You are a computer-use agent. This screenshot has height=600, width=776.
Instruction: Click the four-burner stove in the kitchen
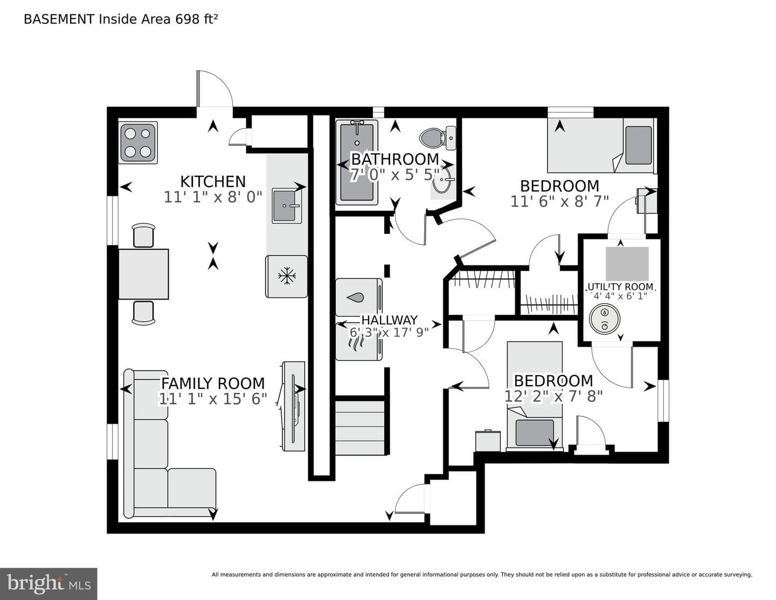(138, 142)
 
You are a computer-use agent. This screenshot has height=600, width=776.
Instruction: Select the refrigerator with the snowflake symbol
(286, 276)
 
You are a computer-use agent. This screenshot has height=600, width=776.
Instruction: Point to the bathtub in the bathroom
(357, 162)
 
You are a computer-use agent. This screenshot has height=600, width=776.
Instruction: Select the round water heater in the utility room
(605, 318)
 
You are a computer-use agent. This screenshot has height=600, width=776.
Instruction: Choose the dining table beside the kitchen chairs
(143, 274)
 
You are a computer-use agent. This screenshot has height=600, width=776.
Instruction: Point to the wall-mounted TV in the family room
(294, 406)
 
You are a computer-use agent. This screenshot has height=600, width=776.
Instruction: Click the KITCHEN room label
(213, 182)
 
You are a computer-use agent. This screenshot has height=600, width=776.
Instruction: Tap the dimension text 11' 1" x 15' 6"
(213, 399)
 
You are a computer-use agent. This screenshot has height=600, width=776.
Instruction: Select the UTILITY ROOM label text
(621, 287)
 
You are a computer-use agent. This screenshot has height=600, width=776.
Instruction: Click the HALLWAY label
(390, 319)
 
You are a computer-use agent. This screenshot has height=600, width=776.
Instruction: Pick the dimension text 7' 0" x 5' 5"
(395, 175)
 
